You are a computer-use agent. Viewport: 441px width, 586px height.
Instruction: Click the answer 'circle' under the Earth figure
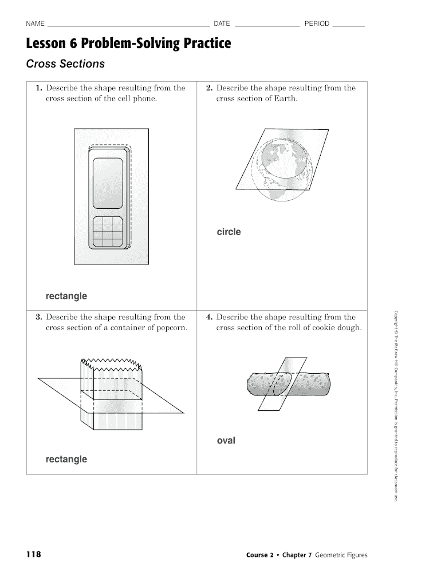pyautogui.click(x=229, y=232)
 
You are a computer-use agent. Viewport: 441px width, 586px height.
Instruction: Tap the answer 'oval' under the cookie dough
pyautogui.click(x=226, y=441)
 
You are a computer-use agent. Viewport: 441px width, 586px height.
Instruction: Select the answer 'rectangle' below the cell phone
pyautogui.click(x=66, y=296)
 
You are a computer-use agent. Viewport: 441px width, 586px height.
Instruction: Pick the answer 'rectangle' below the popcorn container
pyautogui.click(x=66, y=459)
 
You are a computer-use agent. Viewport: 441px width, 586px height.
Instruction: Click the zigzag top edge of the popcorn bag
pyautogui.click(x=111, y=363)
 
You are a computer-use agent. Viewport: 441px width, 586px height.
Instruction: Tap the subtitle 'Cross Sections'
pyautogui.click(x=65, y=64)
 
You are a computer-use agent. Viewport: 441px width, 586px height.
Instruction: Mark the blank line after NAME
pyautogui.click(x=129, y=26)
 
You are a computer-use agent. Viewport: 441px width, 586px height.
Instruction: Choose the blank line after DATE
pyautogui.click(x=267, y=26)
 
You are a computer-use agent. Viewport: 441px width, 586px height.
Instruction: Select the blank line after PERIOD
pyautogui.click(x=349, y=26)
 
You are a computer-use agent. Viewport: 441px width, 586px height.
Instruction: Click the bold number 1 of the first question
pyautogui.click(x=38, y=88)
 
